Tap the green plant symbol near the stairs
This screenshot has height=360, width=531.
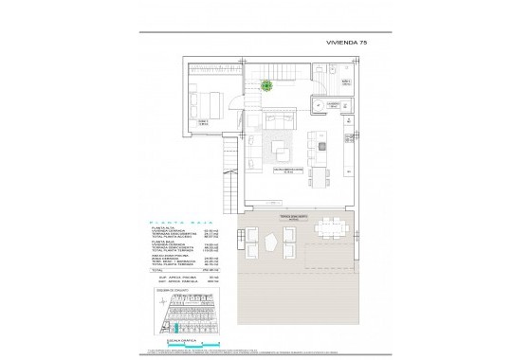267,84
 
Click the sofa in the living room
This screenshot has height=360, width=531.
279,120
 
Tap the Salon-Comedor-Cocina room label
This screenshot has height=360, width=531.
286,171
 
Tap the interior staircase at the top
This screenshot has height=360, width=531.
284,72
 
